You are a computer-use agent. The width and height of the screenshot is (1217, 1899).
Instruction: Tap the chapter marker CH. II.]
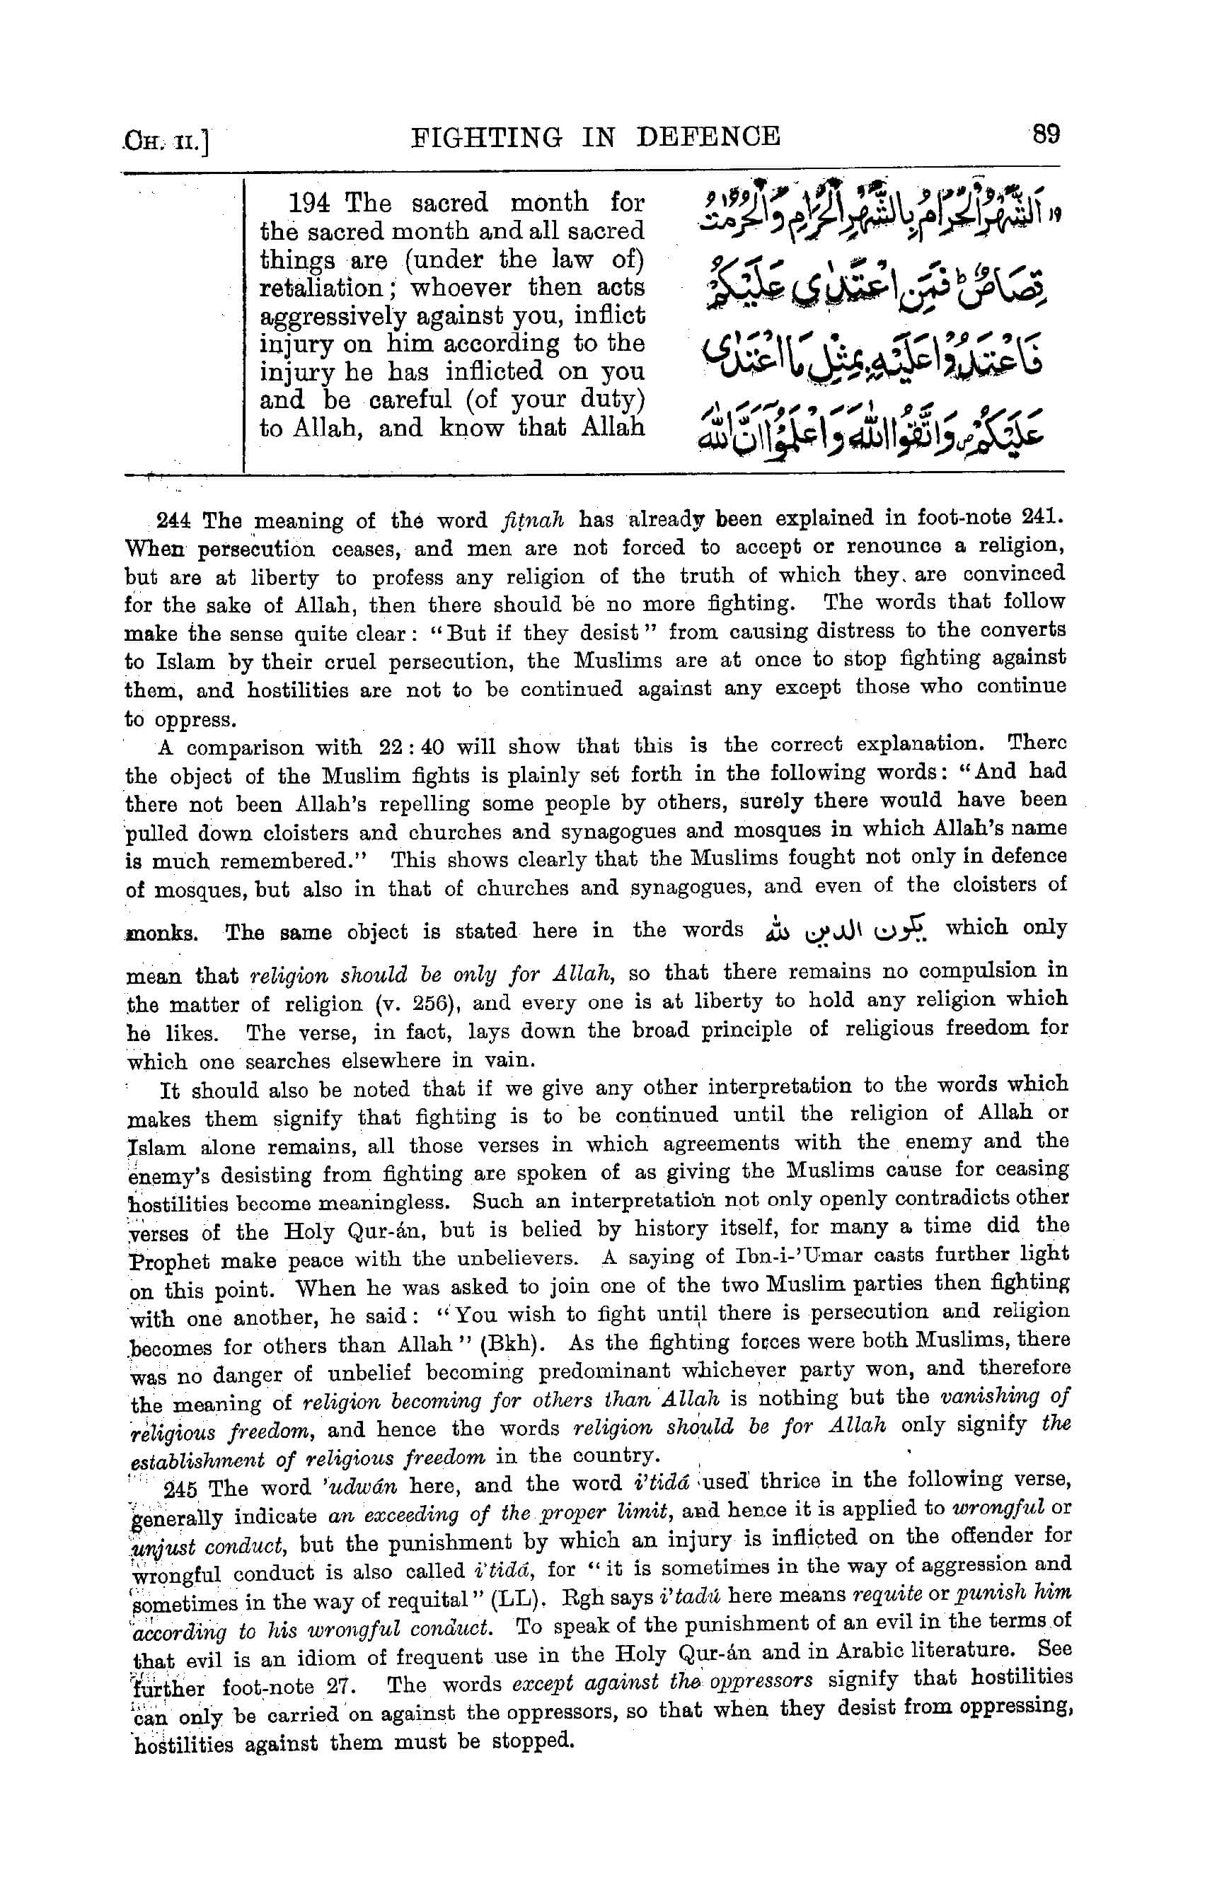tap(165, 143)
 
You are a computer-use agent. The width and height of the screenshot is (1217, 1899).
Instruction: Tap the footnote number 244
tap(174, 521)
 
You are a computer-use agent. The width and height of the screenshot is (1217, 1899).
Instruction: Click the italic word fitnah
tap(533, 521)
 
